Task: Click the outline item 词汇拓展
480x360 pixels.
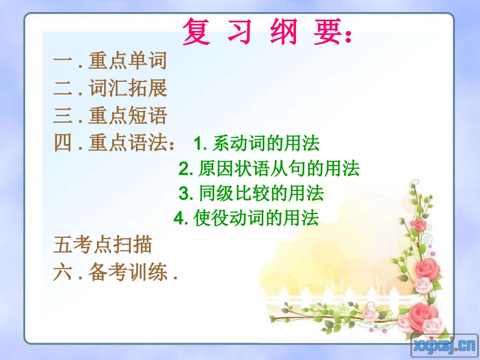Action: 127,89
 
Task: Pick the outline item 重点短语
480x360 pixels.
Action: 127,117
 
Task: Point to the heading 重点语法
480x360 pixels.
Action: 127,144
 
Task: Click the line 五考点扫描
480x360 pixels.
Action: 103,246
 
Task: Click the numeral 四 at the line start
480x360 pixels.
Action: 63,144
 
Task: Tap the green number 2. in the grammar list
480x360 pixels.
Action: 185,169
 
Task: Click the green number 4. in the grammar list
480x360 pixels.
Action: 180,219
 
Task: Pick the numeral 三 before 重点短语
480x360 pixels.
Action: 63,117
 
